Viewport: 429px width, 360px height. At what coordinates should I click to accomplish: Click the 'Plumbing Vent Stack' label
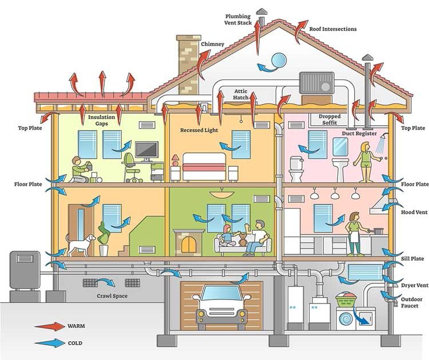tap(238, 19)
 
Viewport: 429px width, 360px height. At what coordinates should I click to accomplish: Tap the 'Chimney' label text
tap(213, 44)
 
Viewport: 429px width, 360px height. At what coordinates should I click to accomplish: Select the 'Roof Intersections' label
tap(333, 29)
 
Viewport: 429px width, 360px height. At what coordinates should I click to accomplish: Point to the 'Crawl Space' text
tap(112, 296)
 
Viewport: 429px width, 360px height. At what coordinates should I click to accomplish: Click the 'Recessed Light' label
tap(199, 130)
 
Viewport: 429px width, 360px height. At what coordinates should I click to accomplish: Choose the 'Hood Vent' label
tap(414, 212)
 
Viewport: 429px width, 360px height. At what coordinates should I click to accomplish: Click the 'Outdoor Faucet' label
tap(411, 302)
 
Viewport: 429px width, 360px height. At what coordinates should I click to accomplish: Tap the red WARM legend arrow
tap(50, 326)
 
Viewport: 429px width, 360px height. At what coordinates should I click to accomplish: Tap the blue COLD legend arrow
tap(50, 343)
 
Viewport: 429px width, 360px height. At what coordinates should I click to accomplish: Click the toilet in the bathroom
tap(296, 169)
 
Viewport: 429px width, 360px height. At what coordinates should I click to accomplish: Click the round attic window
tap(279, 60)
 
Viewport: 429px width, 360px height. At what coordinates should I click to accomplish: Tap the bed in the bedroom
tap(204, 167)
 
